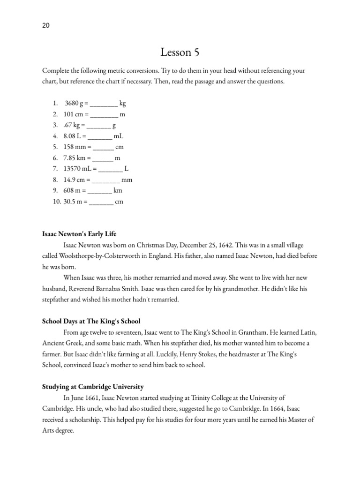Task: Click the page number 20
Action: pos(45,26)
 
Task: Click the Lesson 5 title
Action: pos(180,52)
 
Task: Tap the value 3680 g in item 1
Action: pos(74,103)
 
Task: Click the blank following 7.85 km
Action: pos(103,158)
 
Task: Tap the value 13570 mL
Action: pos(77,169)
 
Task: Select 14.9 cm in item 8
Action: pos(75,180)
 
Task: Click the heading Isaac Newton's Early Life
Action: pos(79,233)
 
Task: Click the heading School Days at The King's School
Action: pos(91,322)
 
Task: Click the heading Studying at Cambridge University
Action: pos(93,387)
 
